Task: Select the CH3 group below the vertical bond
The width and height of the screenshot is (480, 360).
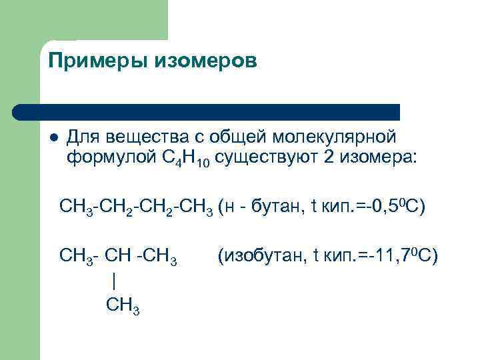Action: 122,305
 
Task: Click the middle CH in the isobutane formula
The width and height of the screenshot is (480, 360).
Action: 120,255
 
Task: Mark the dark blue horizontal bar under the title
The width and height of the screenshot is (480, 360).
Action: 207,111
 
